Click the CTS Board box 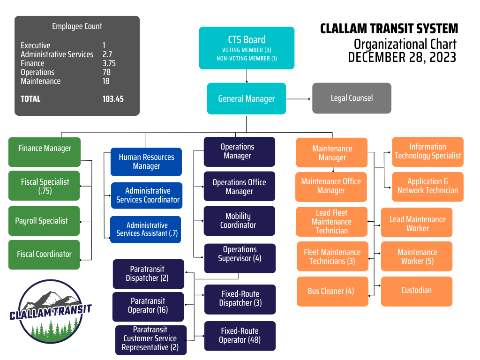pyautogui.click(x=247, y=48)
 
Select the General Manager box pyautogui.click(x=247, y=98)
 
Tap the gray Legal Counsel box pyautogui.click(x=352, y=98)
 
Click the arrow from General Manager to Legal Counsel pyautogui.click(x=299, y=99)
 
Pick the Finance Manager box pyautogui.click(x=45, y=151)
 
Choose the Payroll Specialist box pyautogui.click(x=44, y=221)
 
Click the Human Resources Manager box pyautogui.click(x=146, y=162)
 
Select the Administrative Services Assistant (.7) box pyautogui.click(x=146, y=229)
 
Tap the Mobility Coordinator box pyautogui.click(x=239, y=221)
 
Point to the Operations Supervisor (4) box pyautogui.click(x=240, y=258)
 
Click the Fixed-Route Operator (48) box pyautogui.click(x=240, y=336)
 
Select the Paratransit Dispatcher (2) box pyautogui.click(x=148, y=274)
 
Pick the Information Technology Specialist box pyautogui.click(x=427, y=151)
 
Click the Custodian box pyautogui.click(x=416, y=291)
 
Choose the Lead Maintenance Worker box pyautogui.click(x=416, y=224)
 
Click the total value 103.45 pyautogui.click(x=113, y=99)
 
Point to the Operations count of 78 pyautogui.click(x=106, y=72)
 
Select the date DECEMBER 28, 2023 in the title pyautogui.click(x=402, y=57)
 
